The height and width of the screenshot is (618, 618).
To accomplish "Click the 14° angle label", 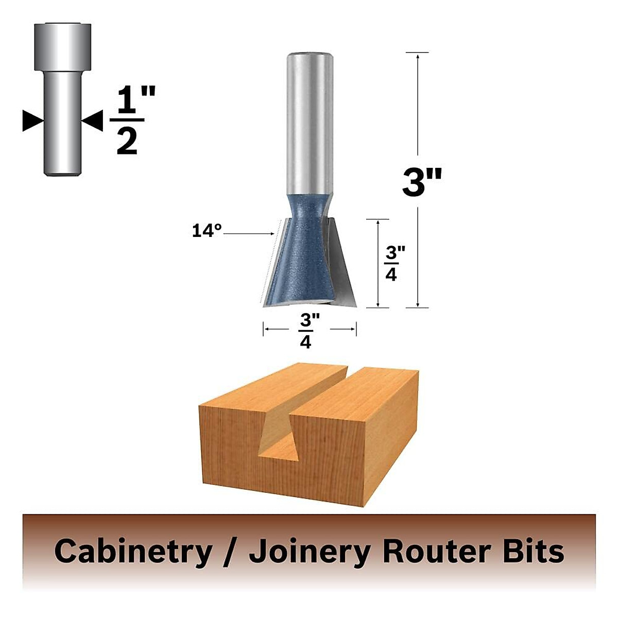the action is click(x=207, y=230).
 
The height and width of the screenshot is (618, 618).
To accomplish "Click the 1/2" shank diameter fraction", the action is click(x=127, y=122).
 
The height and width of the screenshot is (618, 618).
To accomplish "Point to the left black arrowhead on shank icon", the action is click(x=32, y=121).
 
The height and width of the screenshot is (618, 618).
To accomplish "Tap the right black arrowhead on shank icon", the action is click(x=93, y=121).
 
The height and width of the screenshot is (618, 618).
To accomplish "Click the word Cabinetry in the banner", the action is click(x=133, y=551).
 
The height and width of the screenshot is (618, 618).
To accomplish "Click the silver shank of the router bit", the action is click(x=308, y=124).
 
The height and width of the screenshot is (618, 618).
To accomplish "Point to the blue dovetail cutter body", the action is click(x=307, y=257).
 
